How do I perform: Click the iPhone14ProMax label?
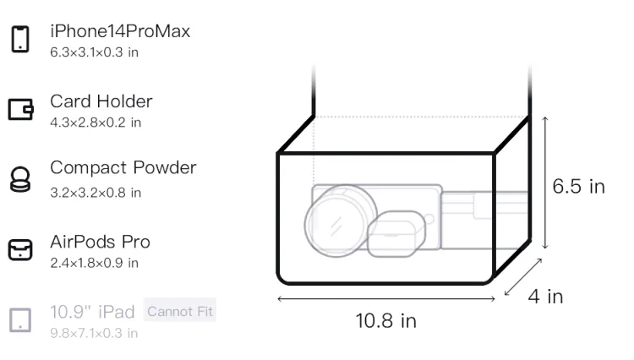coord(120,31)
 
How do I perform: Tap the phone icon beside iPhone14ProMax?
coord(20,39)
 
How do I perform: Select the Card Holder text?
coord(101,101)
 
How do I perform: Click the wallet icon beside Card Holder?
coord(20,109)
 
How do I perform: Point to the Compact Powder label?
coord(123,167)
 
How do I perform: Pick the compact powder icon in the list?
coord(20,179)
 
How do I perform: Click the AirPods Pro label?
coord(101,242)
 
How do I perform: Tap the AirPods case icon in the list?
coord(20,249)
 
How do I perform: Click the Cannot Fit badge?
coord(180,311)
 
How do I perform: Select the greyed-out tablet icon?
coord(20,320)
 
